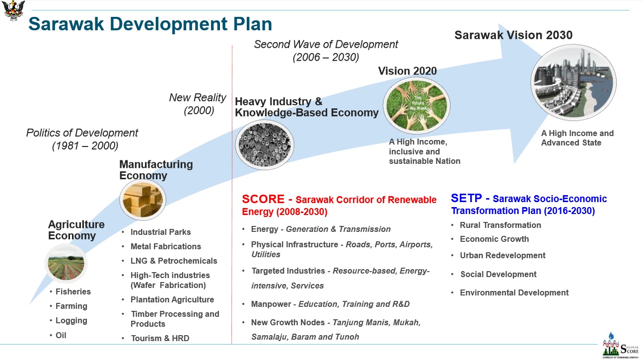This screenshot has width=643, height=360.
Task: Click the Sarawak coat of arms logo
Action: click(13, 10)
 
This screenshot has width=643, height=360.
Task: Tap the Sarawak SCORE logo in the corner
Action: click(621, 346)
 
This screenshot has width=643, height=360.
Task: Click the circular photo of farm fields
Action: click(66, 263)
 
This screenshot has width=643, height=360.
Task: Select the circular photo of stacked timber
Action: click(143, 200)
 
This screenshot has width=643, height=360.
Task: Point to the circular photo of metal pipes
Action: click(265, 144)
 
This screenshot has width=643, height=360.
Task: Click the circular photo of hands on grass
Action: click(417, 106)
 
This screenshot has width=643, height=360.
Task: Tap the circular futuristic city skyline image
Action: click(573, 82)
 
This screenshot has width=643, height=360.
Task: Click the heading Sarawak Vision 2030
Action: click(513, 35)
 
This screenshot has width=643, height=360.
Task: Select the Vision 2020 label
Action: click(407, 71)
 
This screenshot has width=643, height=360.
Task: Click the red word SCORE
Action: click(263, 199)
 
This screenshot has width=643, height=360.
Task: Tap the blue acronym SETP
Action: click(466, 198)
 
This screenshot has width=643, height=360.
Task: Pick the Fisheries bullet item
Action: click(73, 291)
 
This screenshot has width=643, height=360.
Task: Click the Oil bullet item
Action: click(61, 335)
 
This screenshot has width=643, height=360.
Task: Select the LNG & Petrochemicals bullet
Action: click(174, 261)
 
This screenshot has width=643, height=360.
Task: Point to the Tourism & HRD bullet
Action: click(160, 338)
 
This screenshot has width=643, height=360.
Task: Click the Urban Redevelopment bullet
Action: click(502, 255)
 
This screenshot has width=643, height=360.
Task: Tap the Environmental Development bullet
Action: click(514, 292)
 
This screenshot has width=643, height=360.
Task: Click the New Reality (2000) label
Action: click(198, 104)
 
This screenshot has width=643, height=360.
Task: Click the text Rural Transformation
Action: click(500, 225)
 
